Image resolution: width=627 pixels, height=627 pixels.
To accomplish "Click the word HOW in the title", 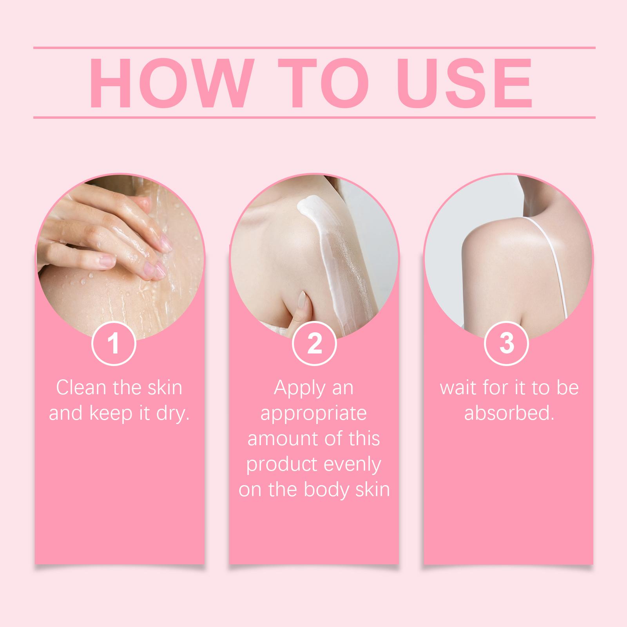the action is [169, 83].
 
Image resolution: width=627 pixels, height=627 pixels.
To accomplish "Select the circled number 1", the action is [114, 344].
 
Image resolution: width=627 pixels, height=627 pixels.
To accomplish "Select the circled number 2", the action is [314, 344].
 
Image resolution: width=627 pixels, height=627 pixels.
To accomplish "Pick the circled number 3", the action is [507, 344].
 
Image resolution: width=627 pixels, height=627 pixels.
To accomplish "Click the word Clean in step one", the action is [81, 388].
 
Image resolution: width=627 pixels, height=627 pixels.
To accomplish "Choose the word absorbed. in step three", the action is [509, 413].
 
